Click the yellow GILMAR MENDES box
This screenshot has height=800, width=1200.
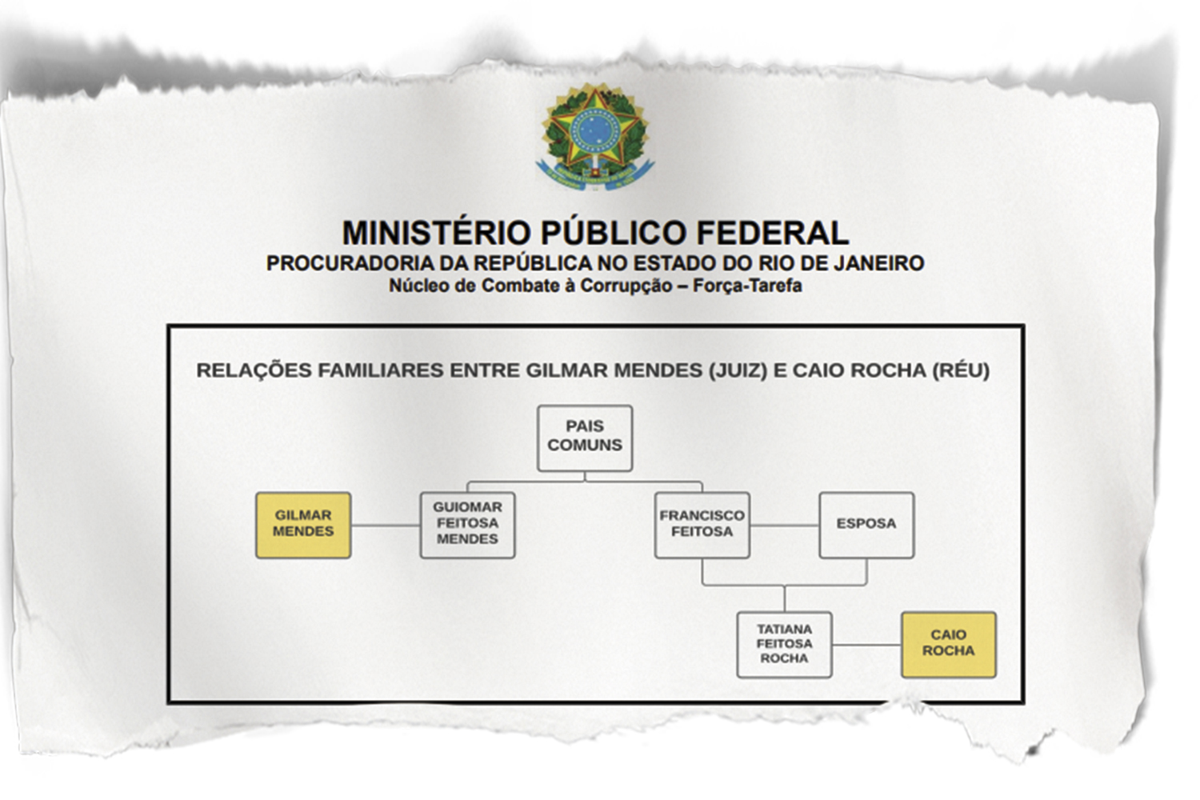(303, 525)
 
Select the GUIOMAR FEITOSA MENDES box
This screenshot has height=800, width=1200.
(467, 525)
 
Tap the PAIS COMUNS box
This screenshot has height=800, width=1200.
(585, 437)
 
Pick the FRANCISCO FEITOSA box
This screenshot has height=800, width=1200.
(702, 525)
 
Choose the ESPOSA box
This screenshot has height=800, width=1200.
(866, 525)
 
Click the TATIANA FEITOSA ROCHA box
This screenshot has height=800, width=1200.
(784, 645)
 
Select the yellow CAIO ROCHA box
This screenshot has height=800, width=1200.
(949, 645)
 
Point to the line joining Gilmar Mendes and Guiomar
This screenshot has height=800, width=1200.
(386, 526)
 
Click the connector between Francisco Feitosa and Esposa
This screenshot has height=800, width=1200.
(784, 526)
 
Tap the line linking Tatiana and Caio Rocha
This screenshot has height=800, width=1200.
(866, 645)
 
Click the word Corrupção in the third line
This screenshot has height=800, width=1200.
(626, 286)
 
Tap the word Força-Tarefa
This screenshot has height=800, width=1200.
(747, 286)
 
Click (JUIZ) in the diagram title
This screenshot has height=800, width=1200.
(737, 370)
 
